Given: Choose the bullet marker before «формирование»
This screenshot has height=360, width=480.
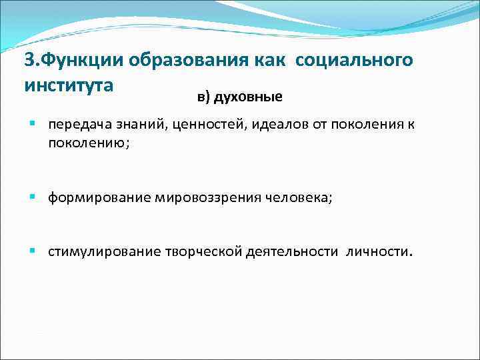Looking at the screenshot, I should pyautogui.click(x=33, y=197).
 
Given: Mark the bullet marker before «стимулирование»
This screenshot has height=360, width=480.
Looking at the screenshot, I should pyautogui.click(x=33, y=252).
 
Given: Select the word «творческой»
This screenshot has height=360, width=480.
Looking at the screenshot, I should pyautogui.click(x=203, y=253).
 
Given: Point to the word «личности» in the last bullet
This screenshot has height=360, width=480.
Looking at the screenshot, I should pyautogui.click(x=379, y=253).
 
